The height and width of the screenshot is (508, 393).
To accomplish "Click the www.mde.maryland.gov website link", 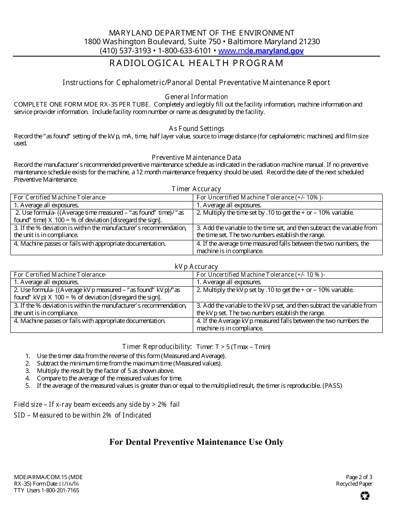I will pyautogui.click(x=261, y=51).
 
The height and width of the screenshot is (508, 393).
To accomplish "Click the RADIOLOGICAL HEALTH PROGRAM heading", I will pyautogui.click(x=196, y=63).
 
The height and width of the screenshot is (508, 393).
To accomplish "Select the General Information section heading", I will pyautogui.click(x=196, y=97).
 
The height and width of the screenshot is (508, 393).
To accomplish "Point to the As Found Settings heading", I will pyautogui.click(x=196, y=128).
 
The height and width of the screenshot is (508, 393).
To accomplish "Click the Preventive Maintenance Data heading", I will pyautogui.click(x=196, y=157).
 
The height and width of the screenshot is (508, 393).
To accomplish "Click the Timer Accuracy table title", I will pyautogui.click(x=196, y=189).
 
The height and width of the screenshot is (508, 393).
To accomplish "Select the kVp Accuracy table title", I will pyautogui.click(x=196, y=267).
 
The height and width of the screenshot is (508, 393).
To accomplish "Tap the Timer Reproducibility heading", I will pyautogui.click(x=157, y=347).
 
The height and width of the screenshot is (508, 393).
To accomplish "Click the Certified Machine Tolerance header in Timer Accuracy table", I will pyautogui.click(x=60, y=197).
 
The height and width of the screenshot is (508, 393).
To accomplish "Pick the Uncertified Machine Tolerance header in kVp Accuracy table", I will pyautogui.click(x=261, y=275).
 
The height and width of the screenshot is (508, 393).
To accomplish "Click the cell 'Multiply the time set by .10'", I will pyautogui.click(x=275, y=213).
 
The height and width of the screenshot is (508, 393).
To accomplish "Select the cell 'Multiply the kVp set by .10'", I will pyautogui.click(x=275, y=290).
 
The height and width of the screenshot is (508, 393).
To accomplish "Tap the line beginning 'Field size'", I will pyautogui.click(x=97, y=405).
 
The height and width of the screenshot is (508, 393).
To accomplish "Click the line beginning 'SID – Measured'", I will pyautogui.click(x=82, y=415).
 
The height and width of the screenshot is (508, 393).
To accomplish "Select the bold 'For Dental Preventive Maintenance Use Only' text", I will pyautogui.click(x=196, y=442).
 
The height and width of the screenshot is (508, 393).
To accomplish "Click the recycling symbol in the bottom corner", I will pyautogui.click(x=365, y=496).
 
